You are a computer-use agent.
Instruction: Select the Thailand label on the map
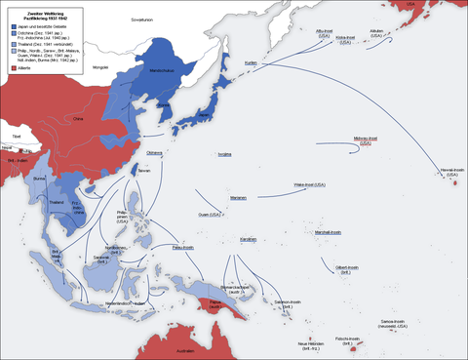coord(58,203)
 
